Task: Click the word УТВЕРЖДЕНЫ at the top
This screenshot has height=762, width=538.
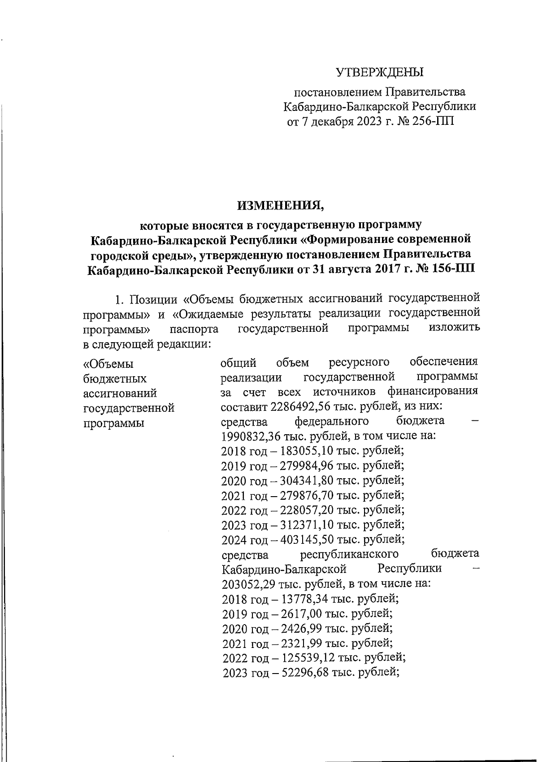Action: (380, 72)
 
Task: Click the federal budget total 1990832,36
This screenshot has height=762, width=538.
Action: (255, 436)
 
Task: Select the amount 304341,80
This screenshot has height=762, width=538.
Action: (306, 480)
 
